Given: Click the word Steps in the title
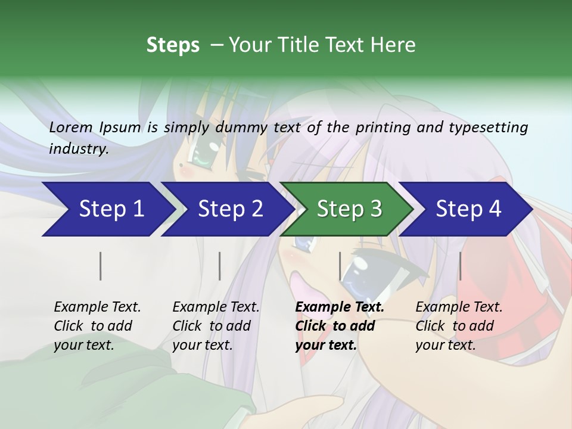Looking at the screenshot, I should (173, 45).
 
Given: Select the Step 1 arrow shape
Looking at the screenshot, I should (107, 209).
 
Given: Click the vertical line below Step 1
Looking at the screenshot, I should (101, 266).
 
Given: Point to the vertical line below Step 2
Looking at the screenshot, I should (220, 266).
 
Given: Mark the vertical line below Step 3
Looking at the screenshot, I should (340, 266).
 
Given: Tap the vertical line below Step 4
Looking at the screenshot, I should (460, 266).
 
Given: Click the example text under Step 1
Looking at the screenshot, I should (97, 326).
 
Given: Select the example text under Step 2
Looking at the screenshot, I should (216, 326).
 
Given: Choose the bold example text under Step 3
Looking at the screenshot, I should (340, 326).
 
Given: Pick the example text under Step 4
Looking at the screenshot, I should (459, 326).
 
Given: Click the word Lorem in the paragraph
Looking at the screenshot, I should (71, 127).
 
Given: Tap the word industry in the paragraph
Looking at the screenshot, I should (78, 149).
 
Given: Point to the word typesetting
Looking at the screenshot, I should (493, 128).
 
